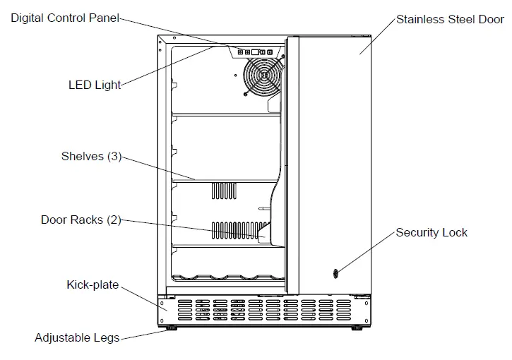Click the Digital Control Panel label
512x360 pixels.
(x=64, y=18)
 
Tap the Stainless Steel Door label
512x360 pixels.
(x=450, y=19)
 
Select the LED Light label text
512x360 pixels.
(x=95, y=85)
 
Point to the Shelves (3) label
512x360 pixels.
(x=91, y=156)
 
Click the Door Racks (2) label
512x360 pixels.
(x=81, y=220)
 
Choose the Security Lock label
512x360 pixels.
(x=431, y=232)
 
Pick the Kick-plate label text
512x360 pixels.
(x=93, y=285)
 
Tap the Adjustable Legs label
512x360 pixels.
(x=77, y=338)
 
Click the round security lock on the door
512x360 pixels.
(x=335, y=274)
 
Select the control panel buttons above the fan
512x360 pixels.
(x=256, y=52)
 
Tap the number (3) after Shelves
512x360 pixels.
(x=114, y=156)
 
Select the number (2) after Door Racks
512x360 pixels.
(x=114, y=220)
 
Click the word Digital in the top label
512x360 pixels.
(x=27, y=18)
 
